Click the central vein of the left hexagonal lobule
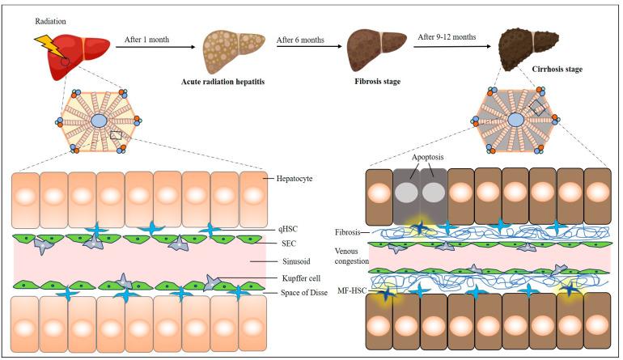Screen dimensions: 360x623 (x=99, y=121)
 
